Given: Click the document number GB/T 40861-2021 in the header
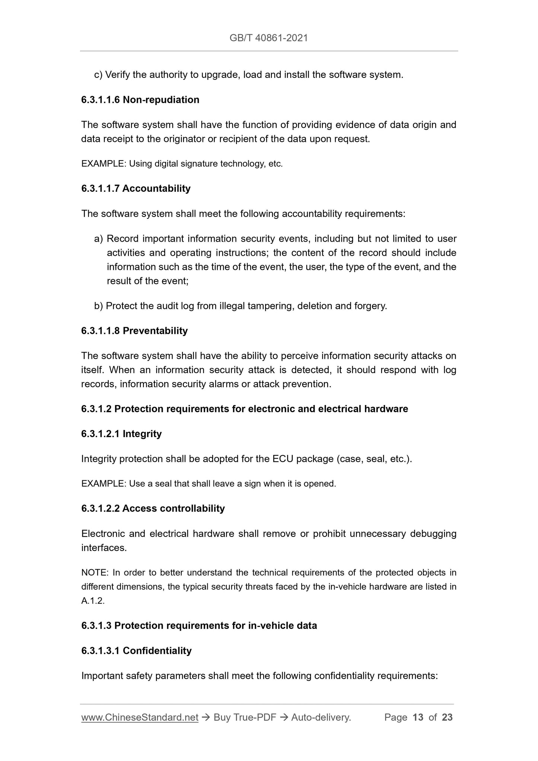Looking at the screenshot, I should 268,38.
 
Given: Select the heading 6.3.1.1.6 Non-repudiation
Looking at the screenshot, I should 140,100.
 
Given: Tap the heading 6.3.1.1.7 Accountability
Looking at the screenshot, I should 136,188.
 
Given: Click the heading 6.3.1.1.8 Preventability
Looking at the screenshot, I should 134,331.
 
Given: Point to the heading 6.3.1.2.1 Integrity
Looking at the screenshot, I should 121,434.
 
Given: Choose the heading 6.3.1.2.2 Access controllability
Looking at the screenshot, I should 153,508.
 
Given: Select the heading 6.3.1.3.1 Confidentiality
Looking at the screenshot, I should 136,650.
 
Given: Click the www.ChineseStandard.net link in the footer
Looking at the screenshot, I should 139,717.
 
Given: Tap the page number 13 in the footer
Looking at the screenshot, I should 418,717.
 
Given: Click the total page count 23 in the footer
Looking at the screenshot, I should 447,717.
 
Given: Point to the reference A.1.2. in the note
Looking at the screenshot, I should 93,601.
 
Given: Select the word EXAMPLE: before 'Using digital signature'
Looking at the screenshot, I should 104,163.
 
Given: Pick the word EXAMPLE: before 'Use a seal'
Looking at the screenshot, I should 104,484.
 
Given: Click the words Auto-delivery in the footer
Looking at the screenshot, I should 321,717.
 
